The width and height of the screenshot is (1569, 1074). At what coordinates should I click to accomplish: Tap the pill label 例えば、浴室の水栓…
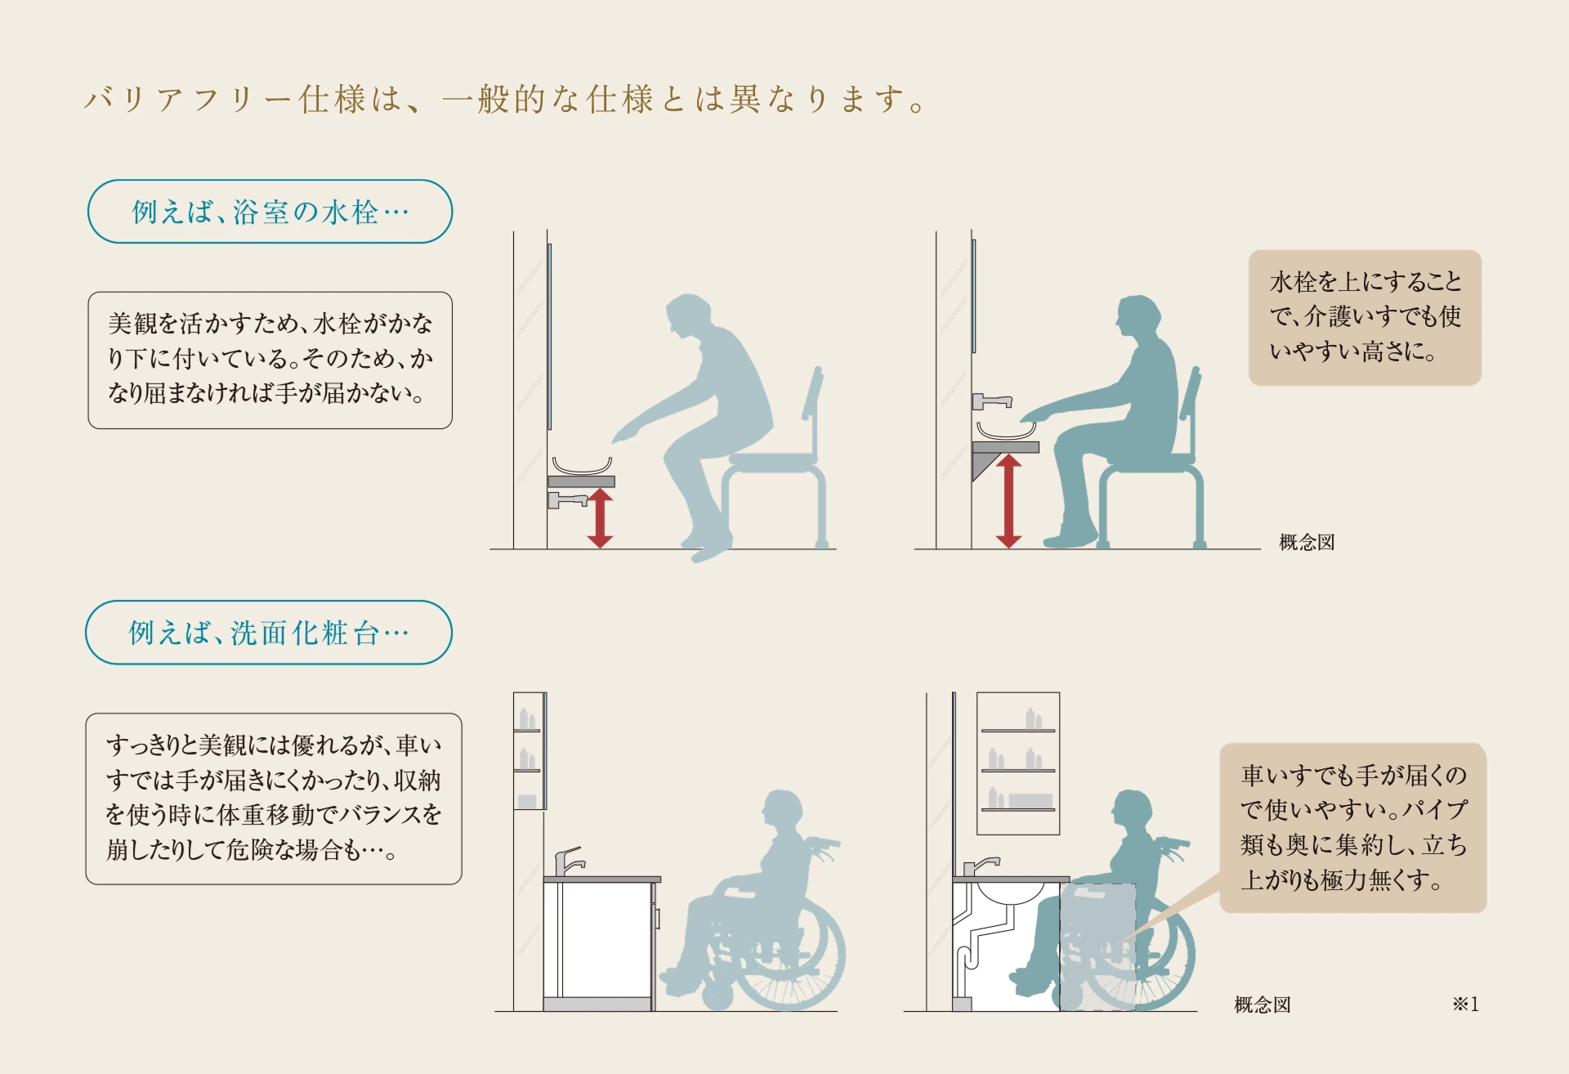(270, 212)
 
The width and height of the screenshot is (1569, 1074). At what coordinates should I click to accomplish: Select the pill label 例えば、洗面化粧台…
(268, 633)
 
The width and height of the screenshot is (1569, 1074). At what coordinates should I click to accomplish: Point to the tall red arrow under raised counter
(1008, 501)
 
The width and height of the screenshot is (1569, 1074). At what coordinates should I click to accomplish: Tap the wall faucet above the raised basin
(991, 401)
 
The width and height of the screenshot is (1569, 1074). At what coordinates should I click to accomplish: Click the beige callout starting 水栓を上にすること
(1365, 317)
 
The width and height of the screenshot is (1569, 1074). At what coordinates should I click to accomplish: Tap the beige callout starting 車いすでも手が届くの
(1352, 827)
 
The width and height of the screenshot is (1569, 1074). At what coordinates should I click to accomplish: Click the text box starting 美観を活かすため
(270, 360)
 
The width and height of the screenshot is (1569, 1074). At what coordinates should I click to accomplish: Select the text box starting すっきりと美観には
(273, 798)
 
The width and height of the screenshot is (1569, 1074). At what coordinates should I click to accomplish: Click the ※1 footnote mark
(1465, 1004)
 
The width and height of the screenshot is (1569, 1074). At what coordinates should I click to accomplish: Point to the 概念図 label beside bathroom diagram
(1306, 542)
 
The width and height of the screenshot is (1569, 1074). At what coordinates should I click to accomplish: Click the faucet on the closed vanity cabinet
(567, 861)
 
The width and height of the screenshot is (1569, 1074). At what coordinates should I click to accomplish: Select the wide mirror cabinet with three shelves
(1018, 763)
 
